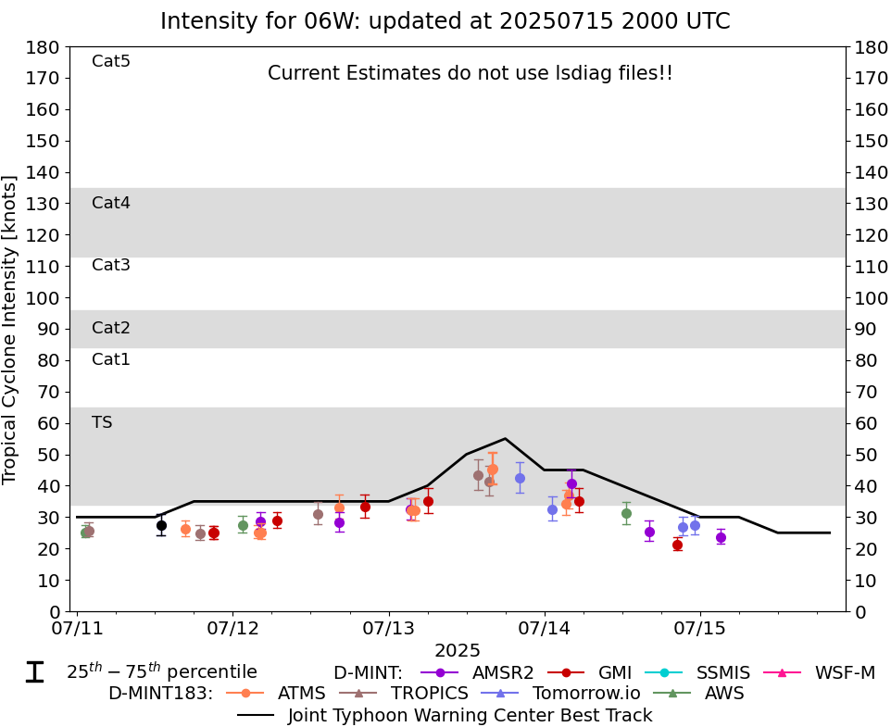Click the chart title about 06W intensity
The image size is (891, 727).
pos(445,21)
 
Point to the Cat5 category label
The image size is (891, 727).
pos(111,62)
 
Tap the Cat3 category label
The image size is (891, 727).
pos(111,266)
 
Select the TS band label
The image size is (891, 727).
pos(102,422)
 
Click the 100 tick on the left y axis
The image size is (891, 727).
pos(45,298)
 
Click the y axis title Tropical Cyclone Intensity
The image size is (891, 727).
pos(11,329)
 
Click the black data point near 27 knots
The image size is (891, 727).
pos(161,525)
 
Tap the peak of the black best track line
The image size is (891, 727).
pos(505,439)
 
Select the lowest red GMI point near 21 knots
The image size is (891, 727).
pos(677,545)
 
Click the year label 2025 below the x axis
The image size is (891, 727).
pos(458,651)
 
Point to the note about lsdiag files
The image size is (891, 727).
pos(470,73)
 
